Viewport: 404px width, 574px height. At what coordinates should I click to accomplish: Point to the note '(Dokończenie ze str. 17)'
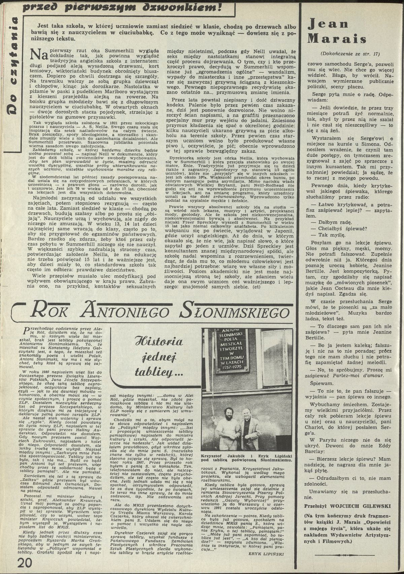350,53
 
